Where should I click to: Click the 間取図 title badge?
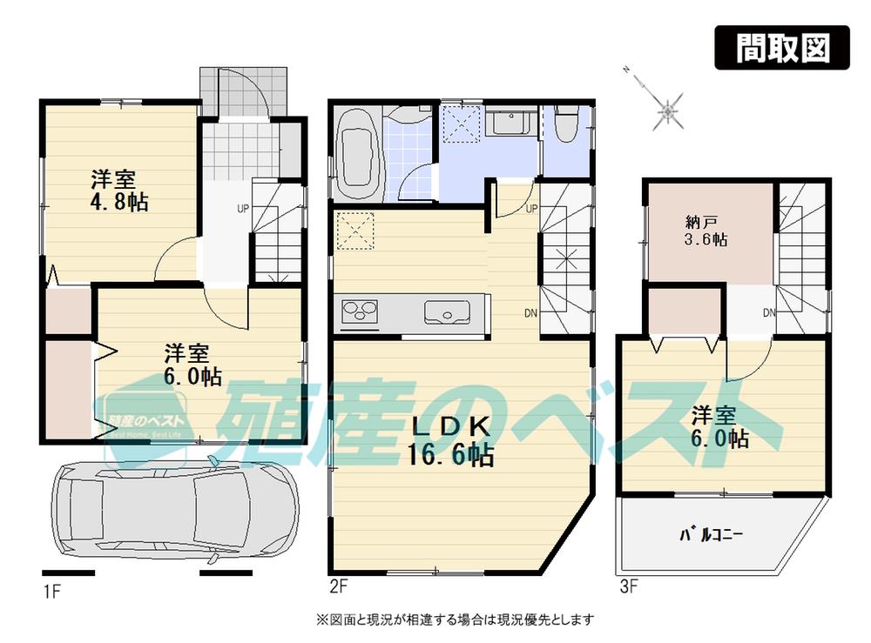781,49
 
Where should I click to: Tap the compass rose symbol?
667,110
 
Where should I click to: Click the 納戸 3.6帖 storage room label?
706,230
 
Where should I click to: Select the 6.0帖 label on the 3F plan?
720,427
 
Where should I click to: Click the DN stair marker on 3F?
769,312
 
